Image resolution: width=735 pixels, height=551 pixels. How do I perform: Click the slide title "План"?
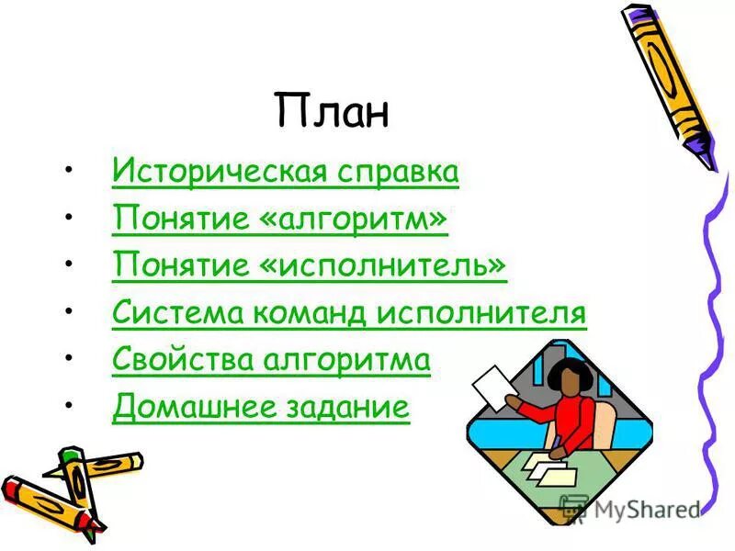(x=332, y=111)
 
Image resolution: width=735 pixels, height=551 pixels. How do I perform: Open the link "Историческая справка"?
(x=285, y=172)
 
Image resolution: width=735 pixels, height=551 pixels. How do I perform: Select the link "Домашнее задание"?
(x=260, y=407)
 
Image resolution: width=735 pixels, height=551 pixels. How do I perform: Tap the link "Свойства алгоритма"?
(x=271, y=360)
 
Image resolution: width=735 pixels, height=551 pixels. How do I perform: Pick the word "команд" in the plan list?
(x=302, y=313)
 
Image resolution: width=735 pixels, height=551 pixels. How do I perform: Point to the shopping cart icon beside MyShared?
(x=574, y=509)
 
